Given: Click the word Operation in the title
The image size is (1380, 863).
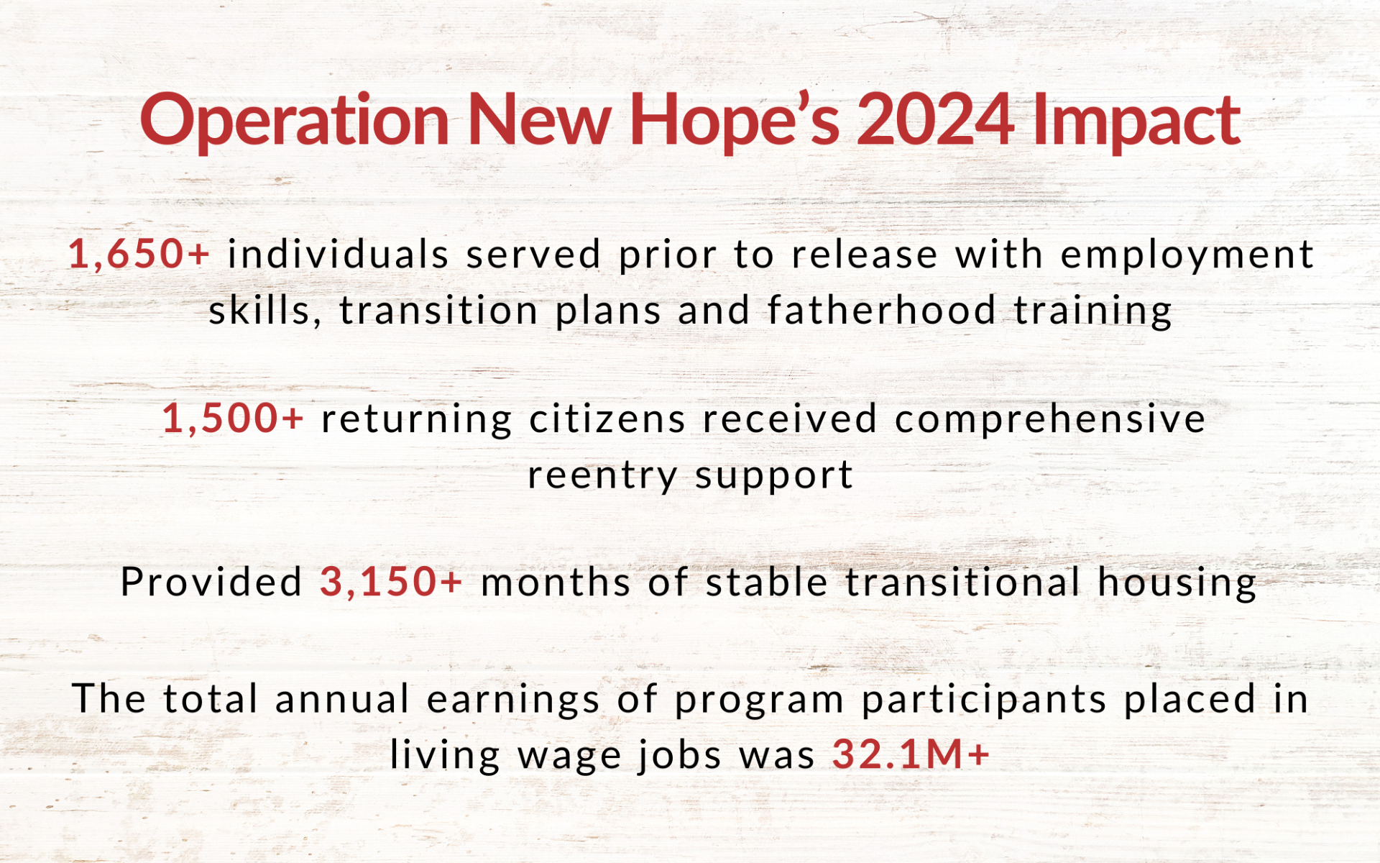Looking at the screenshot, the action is pyautogui.click(x=295, y=121).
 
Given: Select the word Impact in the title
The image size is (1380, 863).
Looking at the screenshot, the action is pyautogui.click(x=1136, y=121).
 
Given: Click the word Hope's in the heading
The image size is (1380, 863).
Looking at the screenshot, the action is pyautogui.click(x=734, y=121).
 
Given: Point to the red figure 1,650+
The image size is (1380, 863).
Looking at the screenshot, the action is pyautogui.click(x=139, y=254).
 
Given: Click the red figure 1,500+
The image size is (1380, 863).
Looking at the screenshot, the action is pyautogui.click(x=233, y=418).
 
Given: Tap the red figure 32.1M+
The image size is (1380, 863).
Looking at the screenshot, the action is pyautogui.click(x=911, y=754).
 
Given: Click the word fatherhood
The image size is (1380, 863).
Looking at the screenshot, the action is pyautogui.click(x=882, y=310).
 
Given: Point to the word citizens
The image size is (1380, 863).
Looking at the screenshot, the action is pyautogui.click(x=607, y=418).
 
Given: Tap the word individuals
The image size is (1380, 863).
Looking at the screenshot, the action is pyautogui.click(x=339, y=254).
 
